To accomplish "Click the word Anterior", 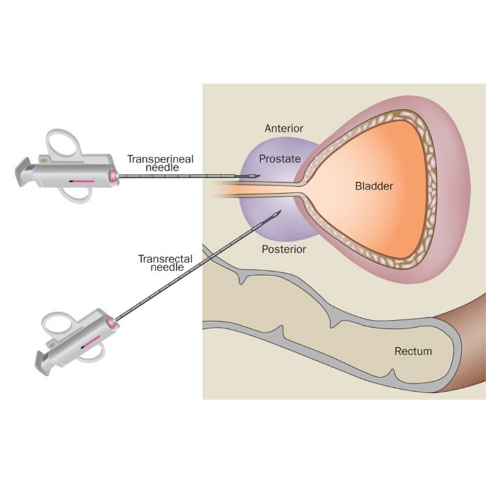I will pos(284,128).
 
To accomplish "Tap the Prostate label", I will pos(279,159).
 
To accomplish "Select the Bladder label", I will pos(374,187).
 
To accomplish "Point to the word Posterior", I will pos(284,249).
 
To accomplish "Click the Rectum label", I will pos(413,351).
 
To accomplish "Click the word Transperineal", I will pos(155,159).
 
